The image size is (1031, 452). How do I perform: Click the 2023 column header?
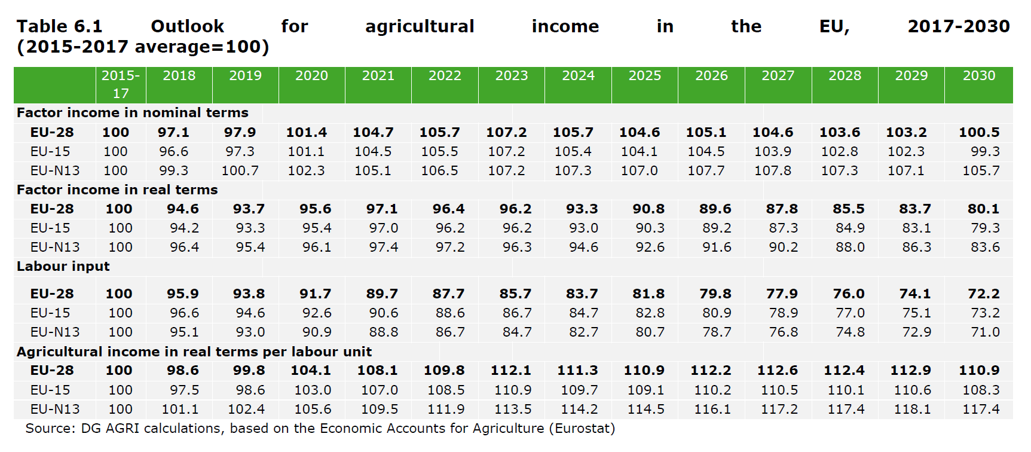click(x=512, y=76)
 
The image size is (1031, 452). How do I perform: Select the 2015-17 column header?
click(x=121, y=84)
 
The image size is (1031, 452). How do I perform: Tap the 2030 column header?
click(x=979, y=76)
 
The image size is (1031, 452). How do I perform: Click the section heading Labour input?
click(x=63, y=267)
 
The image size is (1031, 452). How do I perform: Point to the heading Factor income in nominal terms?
click(x=133, y=113)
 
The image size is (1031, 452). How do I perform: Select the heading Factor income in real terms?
click(x=117, y=190)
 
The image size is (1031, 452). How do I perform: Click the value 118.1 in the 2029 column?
click(x=912, y=410)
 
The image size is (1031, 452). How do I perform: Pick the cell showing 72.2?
click(x=983, y=294)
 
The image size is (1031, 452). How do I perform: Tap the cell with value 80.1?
click(x=983, y=209)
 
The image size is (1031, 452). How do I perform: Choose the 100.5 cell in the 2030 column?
click(x=979, y=133)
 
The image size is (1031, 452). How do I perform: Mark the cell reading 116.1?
click(x=712, y=410)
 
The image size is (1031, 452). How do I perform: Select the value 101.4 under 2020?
click(x=307, y=133)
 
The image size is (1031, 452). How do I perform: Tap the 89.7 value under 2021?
click(x=382, y=294)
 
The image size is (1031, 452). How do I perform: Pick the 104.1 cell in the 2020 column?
click(x=311, y=371)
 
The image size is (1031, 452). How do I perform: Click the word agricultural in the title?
click(x=420, y=27)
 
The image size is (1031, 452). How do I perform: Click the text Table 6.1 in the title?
click(x=60, y=27)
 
